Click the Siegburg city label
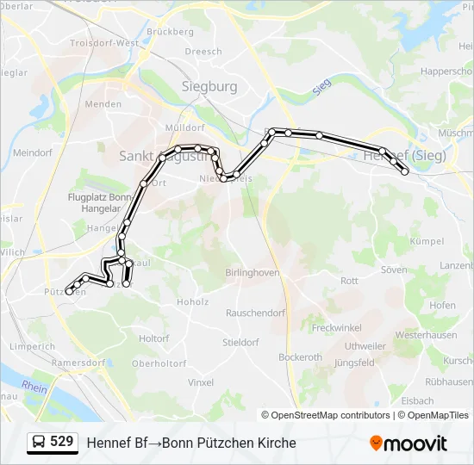click(209, 86)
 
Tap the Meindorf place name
click(34, 152)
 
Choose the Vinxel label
click(201, 381)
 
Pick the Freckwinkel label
click(338, 328)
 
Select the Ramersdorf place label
click(78, 363)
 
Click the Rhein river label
click(34, 387)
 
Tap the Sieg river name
click(322, 86)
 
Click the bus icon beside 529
click(39, 443)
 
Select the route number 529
click(61, 442)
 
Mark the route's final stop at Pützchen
click(69, 291)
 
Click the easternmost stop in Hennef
click(405, 171)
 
